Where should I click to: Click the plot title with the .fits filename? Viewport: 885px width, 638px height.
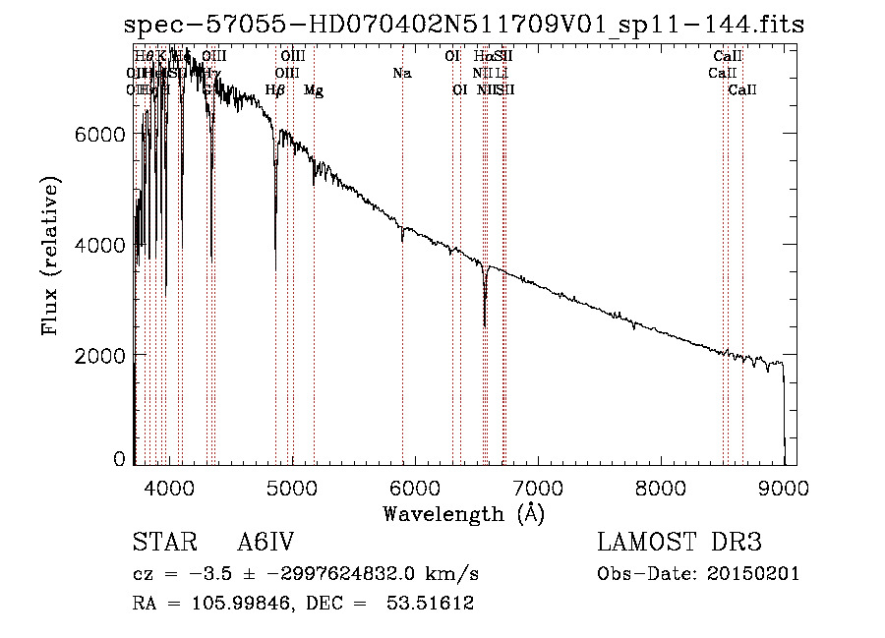click(464, 25)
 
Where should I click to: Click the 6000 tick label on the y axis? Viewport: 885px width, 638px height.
click(101, 134)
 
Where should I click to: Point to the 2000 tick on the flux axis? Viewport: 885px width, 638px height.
click(101, 354)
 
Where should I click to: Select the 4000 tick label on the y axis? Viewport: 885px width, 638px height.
click(101, 244)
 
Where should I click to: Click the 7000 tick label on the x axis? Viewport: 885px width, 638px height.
click(538, 488)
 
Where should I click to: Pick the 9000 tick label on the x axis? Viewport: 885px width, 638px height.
click(784, 488)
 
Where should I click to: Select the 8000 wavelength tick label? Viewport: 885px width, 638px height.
click(661, 488)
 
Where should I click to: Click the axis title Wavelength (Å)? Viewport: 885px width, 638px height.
click(463, 513)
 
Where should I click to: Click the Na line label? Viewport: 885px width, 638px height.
click(401, 74)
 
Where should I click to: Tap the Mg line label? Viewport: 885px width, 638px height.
click(314, 90)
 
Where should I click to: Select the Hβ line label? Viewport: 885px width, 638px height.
click(275, 90)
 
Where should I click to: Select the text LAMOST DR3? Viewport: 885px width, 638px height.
click(679, 544)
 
